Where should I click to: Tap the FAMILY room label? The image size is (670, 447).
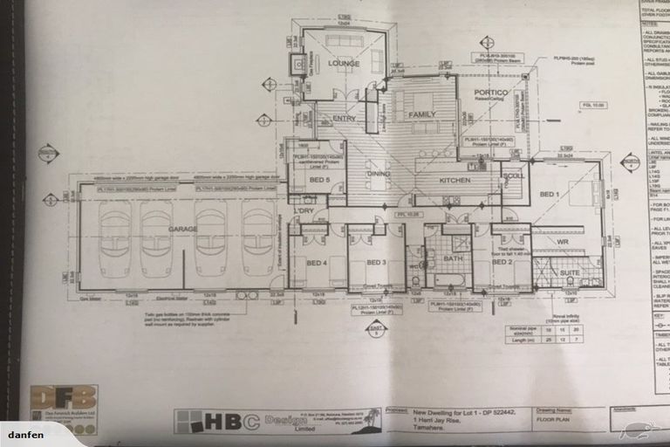[422, 114]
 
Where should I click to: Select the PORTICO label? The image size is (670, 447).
[490, 92]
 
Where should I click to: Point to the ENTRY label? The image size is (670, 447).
[344, 118]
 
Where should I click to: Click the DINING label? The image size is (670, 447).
[379, 174]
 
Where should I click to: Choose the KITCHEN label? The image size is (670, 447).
[455, 180]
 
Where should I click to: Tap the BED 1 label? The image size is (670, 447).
[548, 193]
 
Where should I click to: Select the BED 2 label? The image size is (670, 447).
[501, 261]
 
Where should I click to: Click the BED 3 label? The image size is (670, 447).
[376, 262]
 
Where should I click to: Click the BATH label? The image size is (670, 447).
[452, 258]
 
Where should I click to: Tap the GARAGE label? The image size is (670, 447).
[182, 228]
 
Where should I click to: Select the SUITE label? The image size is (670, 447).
[569, 272]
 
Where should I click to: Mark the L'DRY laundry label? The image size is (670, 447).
[304, 210]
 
